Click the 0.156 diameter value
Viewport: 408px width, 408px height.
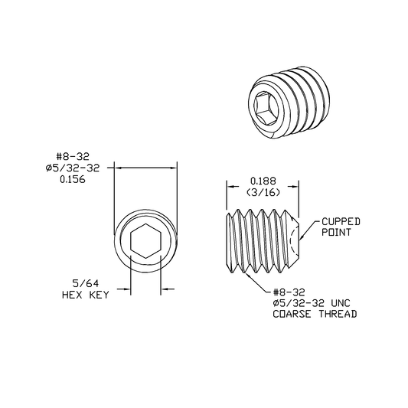tap(73, 180)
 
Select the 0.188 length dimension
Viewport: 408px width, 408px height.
tap(263, 181)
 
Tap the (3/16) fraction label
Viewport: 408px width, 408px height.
tap(263, 192)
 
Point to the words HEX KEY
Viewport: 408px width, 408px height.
tap(85, 295)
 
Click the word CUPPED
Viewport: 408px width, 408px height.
tap(341, 222)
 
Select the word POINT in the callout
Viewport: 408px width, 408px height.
tap(336, 233)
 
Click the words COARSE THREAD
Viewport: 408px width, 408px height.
tap(315, 314)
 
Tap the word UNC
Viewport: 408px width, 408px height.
tap(341, 303)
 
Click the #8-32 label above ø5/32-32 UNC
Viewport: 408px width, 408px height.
tap(289, 292)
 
